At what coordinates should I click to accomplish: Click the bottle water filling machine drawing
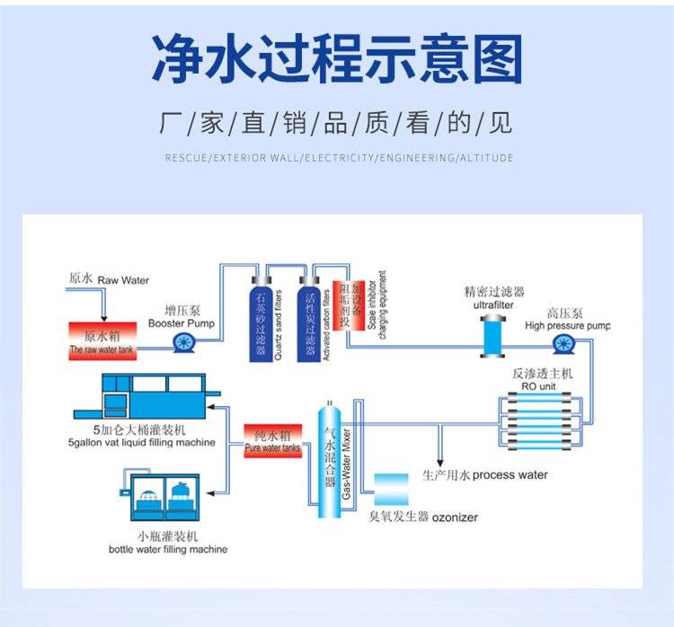coord(167,499)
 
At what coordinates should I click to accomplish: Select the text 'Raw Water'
coord(123,280)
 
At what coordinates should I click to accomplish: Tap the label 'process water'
coord(510,475)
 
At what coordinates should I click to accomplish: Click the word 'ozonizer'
coord(456,517)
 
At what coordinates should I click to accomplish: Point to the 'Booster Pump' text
coord(181,322)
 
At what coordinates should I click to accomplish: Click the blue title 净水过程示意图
coord(337,60)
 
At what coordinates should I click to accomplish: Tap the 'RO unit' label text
coord(539,385)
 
